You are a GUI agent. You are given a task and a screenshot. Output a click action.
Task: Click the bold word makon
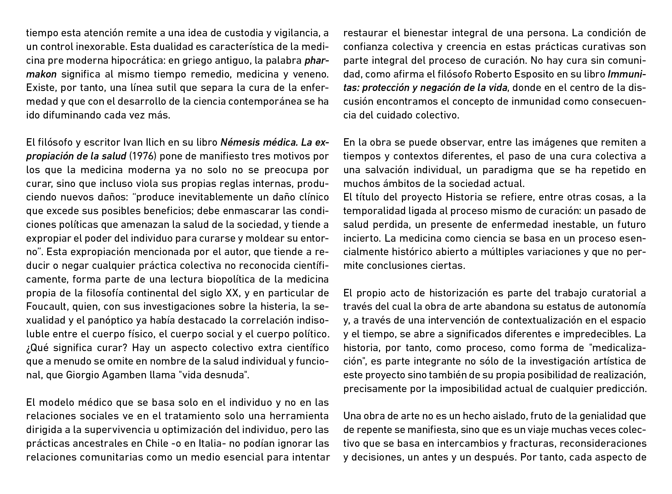point(41,74)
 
